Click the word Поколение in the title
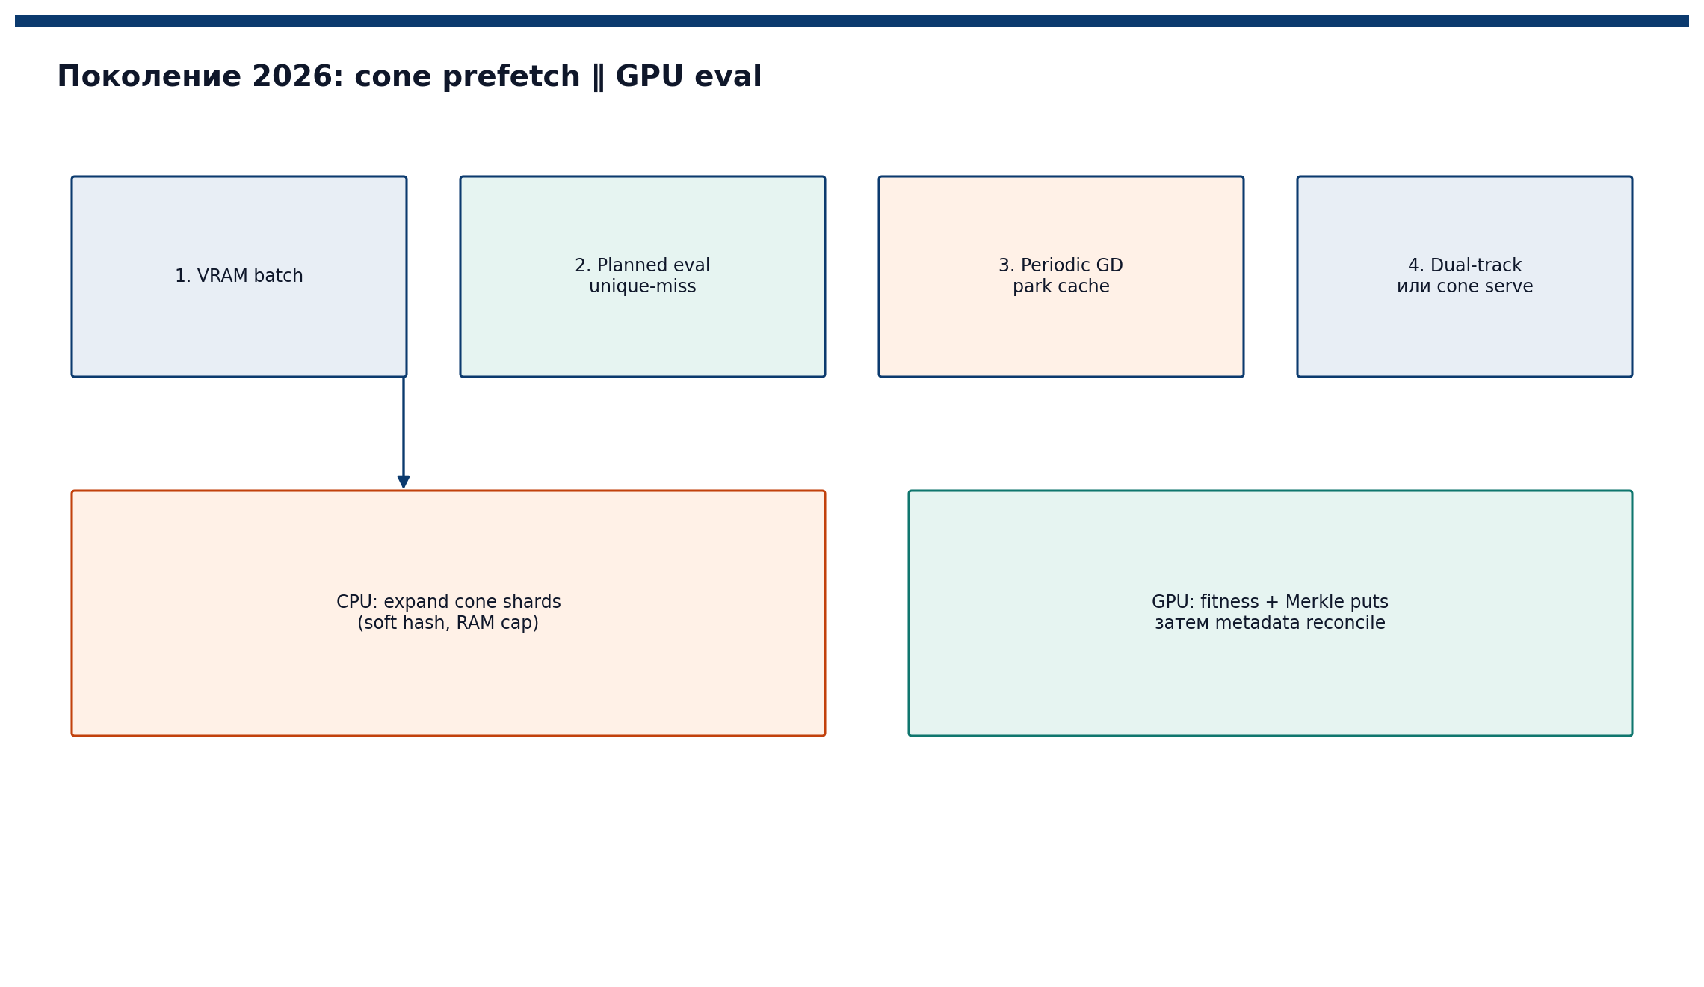149,77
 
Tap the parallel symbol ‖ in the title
598,77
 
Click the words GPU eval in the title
688,77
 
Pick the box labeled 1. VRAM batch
239,277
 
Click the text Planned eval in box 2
653,266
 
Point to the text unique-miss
643,287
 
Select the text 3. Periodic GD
1061,266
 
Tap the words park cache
1061,287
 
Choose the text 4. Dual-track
1465,266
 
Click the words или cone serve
1465,287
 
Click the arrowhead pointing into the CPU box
404,482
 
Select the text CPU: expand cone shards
448,603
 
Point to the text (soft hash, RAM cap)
448,624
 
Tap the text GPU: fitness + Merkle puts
1271,603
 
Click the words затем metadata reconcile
1271,624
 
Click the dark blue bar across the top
852,21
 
